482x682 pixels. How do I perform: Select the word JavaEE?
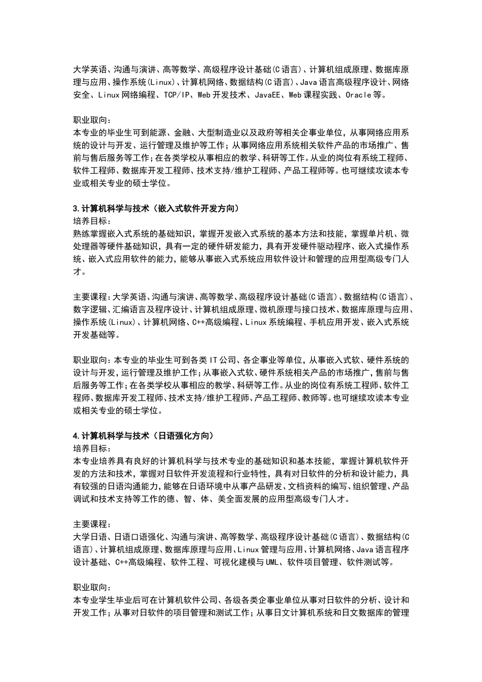269,95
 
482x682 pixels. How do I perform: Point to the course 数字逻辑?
90,310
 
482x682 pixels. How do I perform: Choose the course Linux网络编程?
126,95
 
